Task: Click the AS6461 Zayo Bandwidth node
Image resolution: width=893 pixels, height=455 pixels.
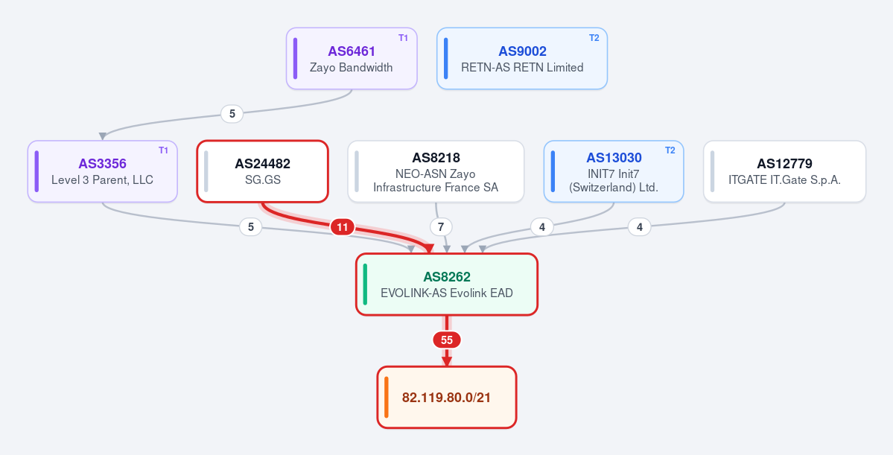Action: (x=352, y=59)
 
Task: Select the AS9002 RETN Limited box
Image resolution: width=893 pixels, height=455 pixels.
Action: (x=521, y=59)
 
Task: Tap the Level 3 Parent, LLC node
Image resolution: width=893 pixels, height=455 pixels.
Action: (x=103, y=171)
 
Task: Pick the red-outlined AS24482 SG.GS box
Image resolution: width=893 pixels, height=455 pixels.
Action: (x=263, y=171)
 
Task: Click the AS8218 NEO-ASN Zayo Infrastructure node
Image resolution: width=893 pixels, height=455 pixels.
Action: (x=436, y=171)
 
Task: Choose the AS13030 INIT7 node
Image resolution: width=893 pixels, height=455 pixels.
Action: (x=614, y=171)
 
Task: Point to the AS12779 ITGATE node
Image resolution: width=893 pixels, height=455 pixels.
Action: (x=784, y=171)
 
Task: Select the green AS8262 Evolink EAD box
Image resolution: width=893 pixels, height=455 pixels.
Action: (x=447, y=284)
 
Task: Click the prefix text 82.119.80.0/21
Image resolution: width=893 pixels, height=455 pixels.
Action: (x=447, y=398)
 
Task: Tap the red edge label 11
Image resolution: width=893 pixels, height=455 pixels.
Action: (x=343, y=228)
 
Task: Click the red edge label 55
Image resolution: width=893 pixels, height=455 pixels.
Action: (x=447, y=340)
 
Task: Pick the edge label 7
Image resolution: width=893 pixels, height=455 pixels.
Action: (x=441, y=227)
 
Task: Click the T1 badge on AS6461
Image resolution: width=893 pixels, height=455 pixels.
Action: (x=403, y=38)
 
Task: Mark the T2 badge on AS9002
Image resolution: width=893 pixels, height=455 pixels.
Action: (x=594, y=38)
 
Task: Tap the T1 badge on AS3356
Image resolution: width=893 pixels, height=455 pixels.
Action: (x=163, y=150)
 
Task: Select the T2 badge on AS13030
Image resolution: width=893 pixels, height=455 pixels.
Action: (x=670, y=150)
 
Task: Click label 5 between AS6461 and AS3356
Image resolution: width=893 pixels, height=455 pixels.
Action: (x=232, y=114)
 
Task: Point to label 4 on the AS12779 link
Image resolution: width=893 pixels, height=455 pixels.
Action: (x=640, y=227)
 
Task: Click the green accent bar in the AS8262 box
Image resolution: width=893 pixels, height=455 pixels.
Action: (x=365, y=284)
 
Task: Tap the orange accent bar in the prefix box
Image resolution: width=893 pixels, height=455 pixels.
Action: (x=386, y=398)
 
